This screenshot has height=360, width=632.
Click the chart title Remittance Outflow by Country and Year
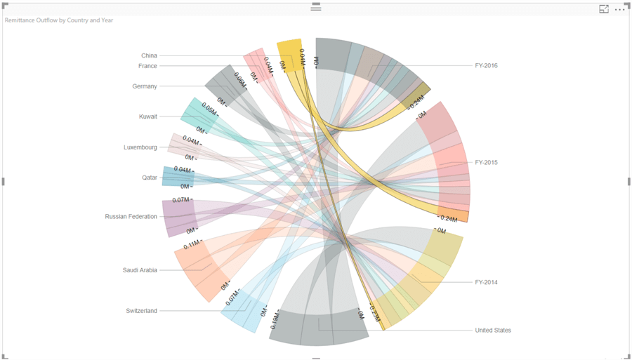tap(59, 20)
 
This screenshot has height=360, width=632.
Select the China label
tap(149, 55)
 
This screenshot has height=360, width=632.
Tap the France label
tap(147, 66)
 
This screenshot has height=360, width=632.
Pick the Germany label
tap(145, 86)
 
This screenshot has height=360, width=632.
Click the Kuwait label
tap(148, 116)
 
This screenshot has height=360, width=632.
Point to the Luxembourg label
tap(140, 147)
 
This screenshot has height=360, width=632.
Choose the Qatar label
tap(150, 178)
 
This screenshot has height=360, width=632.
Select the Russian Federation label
tap(131, 217)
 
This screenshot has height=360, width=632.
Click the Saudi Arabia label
tap(140, 270)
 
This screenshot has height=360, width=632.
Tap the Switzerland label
tap(142, 311)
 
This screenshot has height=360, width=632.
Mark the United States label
tap(493, 331)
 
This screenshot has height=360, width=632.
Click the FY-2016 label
tap(486, 66)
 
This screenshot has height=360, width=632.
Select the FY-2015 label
tap(486, 163)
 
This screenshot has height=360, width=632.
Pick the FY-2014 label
tap(486, 282)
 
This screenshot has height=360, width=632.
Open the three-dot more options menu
tap(619, 9)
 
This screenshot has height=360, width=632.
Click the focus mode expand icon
tap(604, 9)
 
